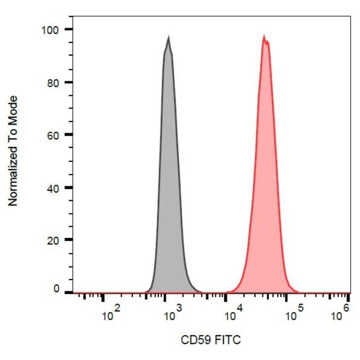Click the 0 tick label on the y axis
pos(57,289)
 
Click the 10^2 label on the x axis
pos(111,314)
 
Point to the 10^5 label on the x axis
pos(295,314)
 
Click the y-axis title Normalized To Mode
pos(13,150)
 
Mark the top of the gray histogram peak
pos(168,37)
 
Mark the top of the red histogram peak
pos(264,36)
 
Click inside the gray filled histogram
pos(169,188)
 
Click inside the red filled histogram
pos(265,188)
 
